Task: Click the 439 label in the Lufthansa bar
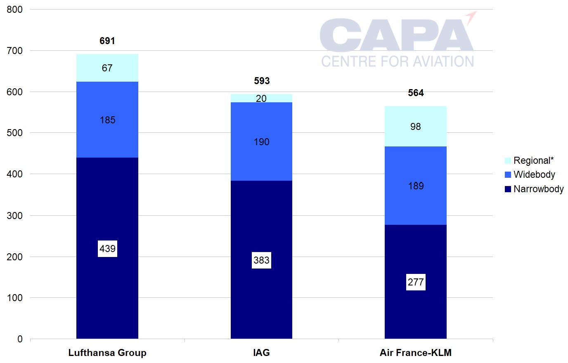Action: [x=107, y=249]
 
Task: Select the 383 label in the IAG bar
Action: [x=261, y=260]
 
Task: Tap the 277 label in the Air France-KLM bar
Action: [x=416, y=282]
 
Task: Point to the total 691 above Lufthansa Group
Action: [x=107, y=41]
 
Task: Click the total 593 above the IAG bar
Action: [x=262, y=81]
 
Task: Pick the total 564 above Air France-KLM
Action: [x=416, y=93]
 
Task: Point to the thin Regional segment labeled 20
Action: [x=261, y=98]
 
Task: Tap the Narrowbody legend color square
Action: [x=508, y=189]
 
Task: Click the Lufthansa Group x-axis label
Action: [x=107, y=353]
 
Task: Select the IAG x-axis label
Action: [x=261, y=353]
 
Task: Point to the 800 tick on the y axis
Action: [x=15, y=9]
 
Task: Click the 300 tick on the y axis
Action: [x=15, y=215]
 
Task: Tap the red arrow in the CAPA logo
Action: [x=471, y=17]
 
